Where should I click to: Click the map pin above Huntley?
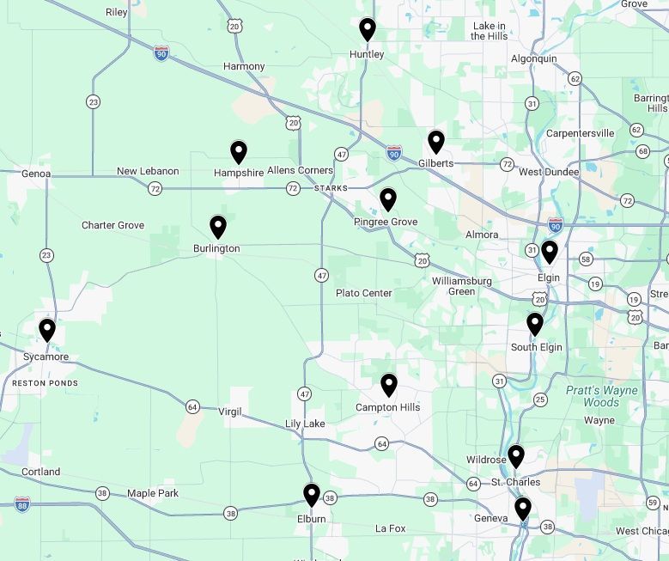[367, 29]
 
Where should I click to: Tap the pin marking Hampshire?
[239, 152]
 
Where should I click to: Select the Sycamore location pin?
[47, 330]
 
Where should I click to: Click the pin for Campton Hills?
[389, 385]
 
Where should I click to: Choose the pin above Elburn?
[312, 495]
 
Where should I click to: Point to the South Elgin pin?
[535, 324]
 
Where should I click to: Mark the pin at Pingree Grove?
[388, 199]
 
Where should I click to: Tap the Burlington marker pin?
[218, 227]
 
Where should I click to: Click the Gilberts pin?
[436, 142]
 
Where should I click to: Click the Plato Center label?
[363, 293]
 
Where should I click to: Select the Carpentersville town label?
[581, 133]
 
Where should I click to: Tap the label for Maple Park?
[153, 493]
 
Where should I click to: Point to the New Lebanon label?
[148, 171]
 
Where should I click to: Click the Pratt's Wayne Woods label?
[601, 396]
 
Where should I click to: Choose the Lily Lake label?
[305, 424]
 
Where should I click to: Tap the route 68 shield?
[643, 151]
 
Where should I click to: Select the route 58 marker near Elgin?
[586, 259]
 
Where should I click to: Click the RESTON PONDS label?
[45, 383]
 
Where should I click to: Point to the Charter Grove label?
[113, 225]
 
